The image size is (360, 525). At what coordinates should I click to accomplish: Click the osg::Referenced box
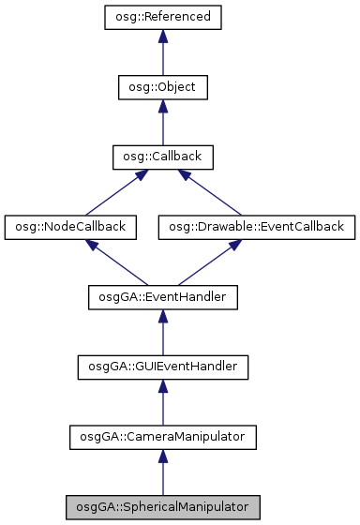point(162,18)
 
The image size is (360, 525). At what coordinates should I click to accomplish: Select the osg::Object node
point(162,87)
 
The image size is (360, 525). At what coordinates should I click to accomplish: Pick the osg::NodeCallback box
point(70,227)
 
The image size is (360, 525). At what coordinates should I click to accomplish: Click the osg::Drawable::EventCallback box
point(256,227)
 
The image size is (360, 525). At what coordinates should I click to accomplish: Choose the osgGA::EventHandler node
point(162,297)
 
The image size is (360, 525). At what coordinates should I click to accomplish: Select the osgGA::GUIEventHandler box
point(162,367)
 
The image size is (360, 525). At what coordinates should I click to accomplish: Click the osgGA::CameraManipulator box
point(162,436)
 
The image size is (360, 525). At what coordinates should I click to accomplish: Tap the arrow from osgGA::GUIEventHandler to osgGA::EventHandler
point(162,333)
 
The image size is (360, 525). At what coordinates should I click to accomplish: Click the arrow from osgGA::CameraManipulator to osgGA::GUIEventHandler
point(162,403)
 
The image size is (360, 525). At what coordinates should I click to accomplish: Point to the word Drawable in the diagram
point(231,227)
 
